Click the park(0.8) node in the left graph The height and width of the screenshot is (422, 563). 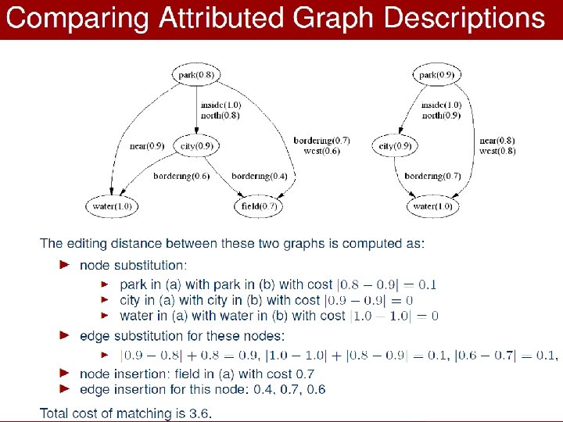[196, 75]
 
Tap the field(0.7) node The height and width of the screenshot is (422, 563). [257, 206]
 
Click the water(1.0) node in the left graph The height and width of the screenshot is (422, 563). [112, 206]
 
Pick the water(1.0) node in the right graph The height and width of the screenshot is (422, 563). [433, 206]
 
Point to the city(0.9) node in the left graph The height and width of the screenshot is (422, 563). [196, 145]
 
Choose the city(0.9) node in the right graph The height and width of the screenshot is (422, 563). [395, 145]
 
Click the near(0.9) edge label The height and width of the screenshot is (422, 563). [146, 146]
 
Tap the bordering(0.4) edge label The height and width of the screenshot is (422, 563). [259, 176]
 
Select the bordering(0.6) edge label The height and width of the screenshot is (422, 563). [181, 176]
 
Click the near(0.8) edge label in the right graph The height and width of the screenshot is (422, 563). [497, 141]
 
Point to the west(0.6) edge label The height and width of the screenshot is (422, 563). [321, 151]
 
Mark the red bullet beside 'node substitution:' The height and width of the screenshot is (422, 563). [65, 265]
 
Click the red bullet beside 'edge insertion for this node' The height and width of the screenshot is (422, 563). [65, 388]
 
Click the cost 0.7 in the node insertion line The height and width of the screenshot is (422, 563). [304, 374]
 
